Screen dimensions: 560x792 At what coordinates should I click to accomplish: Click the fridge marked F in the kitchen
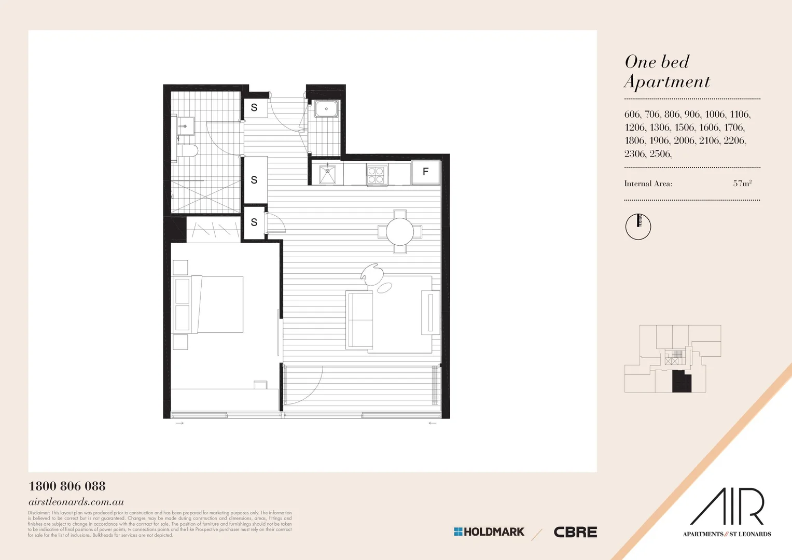425,172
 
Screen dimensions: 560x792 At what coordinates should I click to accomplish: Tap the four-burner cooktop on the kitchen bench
376,175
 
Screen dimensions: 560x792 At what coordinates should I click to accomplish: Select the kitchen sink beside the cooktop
327,175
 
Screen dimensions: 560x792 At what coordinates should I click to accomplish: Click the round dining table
400,231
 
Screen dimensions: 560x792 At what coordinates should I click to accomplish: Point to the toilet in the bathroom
187,151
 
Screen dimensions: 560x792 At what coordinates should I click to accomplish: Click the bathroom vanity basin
185,126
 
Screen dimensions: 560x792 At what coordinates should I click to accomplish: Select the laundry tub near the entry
326,109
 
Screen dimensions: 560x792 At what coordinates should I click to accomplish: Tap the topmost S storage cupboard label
254,108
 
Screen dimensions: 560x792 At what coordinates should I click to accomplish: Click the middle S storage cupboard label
254,180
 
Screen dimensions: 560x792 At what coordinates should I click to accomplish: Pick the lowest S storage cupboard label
254,222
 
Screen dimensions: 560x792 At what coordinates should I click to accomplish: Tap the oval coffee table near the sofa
384,288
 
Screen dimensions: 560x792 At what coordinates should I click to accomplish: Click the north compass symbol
638,227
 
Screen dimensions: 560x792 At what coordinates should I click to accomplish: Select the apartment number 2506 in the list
660,154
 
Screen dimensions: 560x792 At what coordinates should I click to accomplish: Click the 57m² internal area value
742,184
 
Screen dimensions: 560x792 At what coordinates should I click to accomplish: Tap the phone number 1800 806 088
67,486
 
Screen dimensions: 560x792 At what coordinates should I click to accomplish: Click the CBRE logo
575,532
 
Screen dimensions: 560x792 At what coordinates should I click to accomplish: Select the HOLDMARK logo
489,532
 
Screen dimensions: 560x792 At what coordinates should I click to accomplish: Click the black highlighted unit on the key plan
682,382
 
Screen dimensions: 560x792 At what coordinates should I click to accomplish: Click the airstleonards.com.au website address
76,502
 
